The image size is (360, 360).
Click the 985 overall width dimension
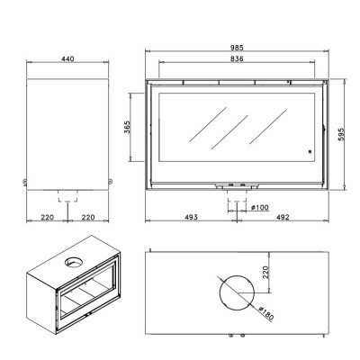[x=237, y=48]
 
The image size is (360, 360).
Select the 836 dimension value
[x=237, y=58]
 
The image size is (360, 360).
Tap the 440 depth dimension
[x=67, y=58]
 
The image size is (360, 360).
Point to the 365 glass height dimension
[x=127, y=127]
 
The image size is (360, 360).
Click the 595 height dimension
[x=342, y=134]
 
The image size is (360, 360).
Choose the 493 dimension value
[x=191, y=217]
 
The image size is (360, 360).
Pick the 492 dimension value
[x=283, y=217]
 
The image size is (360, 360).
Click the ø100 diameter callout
[x=260, y=207]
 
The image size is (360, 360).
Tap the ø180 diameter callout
[x=266, y=313]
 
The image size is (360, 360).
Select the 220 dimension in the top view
[x=266, y=272]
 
